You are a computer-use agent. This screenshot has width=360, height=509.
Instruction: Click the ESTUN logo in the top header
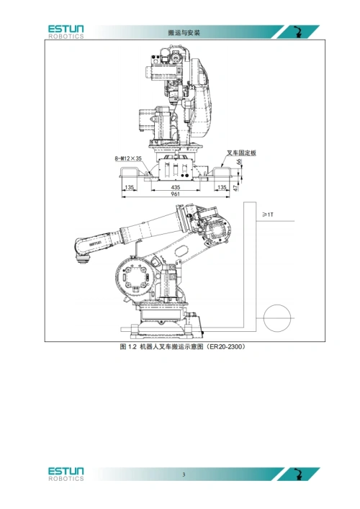tap(66, 32)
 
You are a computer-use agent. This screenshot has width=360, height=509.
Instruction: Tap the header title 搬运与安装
tap(184, 32)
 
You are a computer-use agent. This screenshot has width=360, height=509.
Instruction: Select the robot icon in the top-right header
tap(298, 32)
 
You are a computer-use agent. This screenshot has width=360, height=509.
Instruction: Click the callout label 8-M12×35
tap(128, 158)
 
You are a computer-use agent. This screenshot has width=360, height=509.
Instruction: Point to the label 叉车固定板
tap(241, 153)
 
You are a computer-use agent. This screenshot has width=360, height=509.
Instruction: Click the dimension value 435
tap(175, 187)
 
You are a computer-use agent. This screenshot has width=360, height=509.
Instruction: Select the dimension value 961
tap(175, 194)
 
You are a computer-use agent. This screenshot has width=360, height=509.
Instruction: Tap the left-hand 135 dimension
tap(129, 187)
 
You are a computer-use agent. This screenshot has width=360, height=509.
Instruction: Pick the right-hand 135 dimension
tap(222, 187)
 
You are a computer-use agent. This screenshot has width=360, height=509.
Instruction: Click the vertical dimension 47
tap(236, 187)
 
